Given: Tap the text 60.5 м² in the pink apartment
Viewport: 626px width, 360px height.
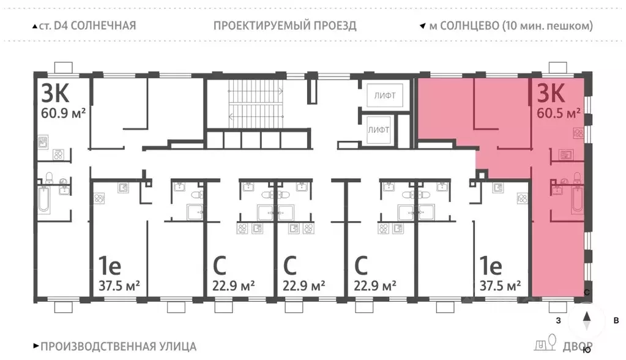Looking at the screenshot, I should click(559, 113).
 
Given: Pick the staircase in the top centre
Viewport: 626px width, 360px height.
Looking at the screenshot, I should click(255, 104).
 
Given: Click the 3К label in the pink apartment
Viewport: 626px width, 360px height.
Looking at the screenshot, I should click(550, 93).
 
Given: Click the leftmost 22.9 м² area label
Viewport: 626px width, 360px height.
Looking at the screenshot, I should click(233, 285).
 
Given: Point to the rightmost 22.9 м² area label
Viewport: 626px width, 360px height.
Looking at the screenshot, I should click(375, 285).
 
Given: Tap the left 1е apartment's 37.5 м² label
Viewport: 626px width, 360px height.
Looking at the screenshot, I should click(119, 285).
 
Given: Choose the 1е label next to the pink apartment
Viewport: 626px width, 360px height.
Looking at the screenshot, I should click(491, 266).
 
